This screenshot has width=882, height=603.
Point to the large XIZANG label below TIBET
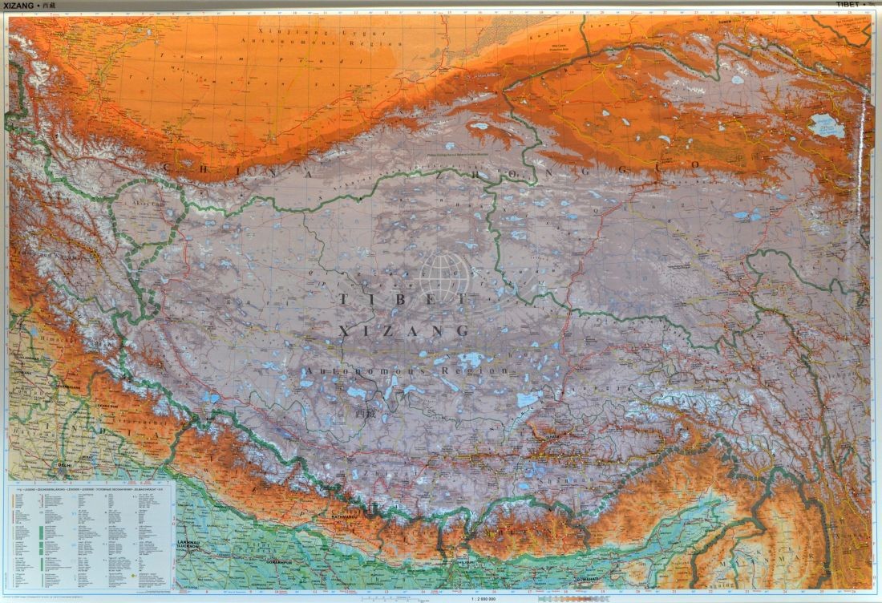[404, 330]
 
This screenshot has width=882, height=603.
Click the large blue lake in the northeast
[825, 126]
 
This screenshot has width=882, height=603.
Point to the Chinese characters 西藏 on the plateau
[364, 412]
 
